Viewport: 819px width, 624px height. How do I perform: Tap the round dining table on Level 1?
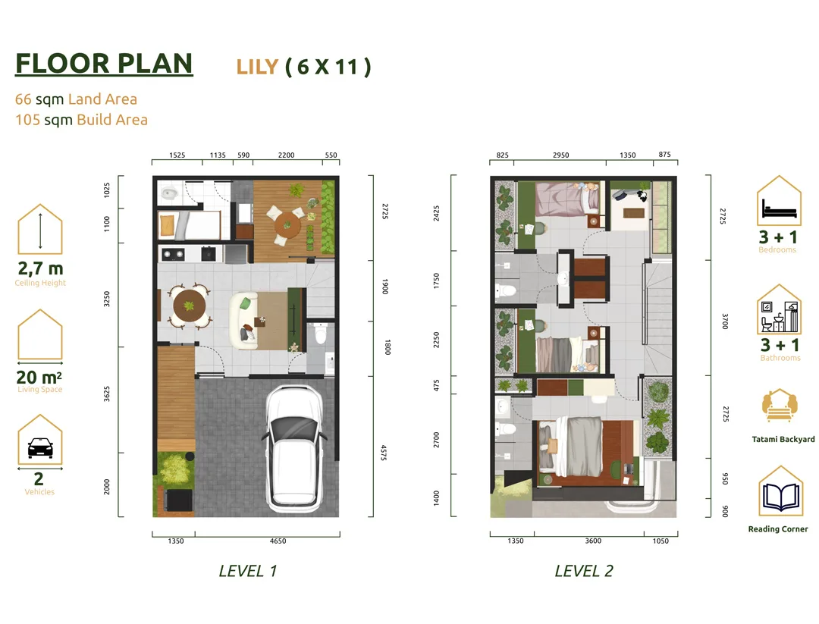coord(189,306)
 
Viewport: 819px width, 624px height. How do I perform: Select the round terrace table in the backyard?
coord(287,225)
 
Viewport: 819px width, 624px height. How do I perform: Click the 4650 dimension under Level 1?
coord(278,541)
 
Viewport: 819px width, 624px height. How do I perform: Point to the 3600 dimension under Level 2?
coord(593,541)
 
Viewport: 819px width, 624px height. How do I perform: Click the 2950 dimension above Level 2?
coord(560,155)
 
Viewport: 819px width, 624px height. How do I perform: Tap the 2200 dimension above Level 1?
coord(286,155)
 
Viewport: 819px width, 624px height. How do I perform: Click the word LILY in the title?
coord(257,67)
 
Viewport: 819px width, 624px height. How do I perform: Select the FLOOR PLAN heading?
coord(104,64)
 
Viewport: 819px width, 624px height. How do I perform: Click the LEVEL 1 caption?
coord(247,571)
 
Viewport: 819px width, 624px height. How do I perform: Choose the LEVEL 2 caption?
coord(584,571)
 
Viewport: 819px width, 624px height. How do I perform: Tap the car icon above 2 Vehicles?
coord(39,448)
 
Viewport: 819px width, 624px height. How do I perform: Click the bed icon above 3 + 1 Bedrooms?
coord(780,209)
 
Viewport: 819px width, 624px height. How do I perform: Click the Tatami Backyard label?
coord(783,439)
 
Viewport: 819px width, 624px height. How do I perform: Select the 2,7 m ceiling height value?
coord(40,268)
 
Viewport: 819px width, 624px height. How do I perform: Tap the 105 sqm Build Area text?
coord(81,120)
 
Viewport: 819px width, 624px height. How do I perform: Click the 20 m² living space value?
coord(39,377)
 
